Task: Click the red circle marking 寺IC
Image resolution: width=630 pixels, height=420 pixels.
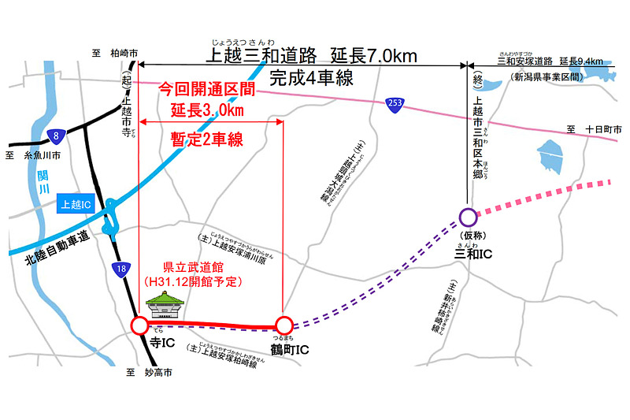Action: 139,324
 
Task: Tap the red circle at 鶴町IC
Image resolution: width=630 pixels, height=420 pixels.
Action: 283,324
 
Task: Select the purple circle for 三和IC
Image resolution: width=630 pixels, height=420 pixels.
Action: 468,216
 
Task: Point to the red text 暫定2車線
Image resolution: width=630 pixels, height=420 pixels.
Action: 206,139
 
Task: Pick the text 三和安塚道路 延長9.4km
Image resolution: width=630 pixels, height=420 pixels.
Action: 550,62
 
